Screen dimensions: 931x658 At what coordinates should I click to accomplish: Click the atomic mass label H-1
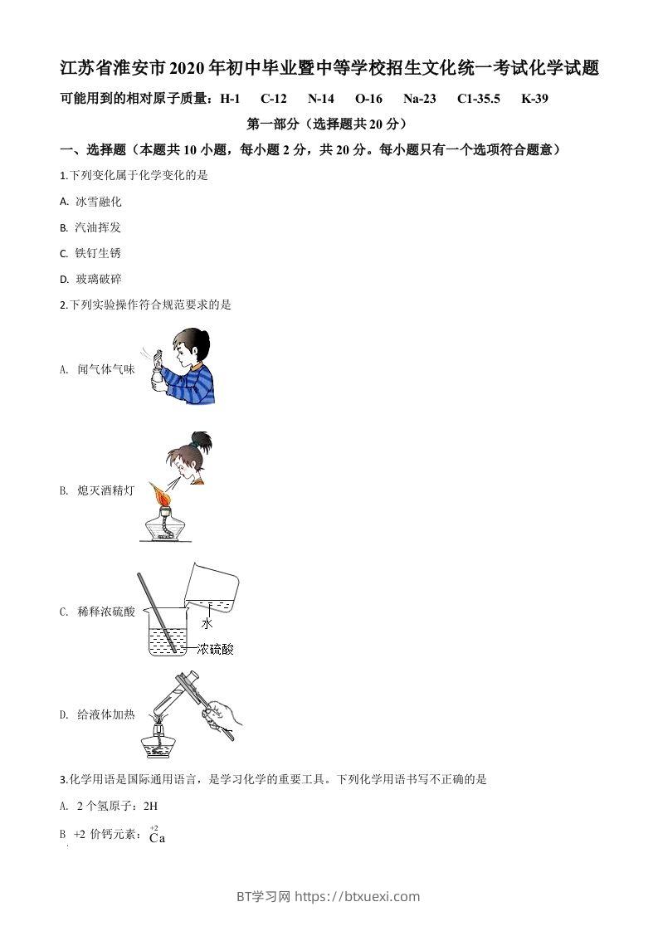230,99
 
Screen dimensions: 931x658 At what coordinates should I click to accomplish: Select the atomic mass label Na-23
419,99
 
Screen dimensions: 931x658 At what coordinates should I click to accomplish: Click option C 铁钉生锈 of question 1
97,253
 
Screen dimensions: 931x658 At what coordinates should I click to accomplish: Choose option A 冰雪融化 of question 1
98,202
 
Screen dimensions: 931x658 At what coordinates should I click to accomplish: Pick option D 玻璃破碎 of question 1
98,280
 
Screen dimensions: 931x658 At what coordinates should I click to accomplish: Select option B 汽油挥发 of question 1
97,227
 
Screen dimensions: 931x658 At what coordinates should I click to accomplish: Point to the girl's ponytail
198,438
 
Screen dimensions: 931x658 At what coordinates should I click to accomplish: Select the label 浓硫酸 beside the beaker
215,649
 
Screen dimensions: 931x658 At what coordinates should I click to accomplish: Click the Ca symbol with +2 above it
157,837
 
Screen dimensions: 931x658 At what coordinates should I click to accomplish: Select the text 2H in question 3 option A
150,806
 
